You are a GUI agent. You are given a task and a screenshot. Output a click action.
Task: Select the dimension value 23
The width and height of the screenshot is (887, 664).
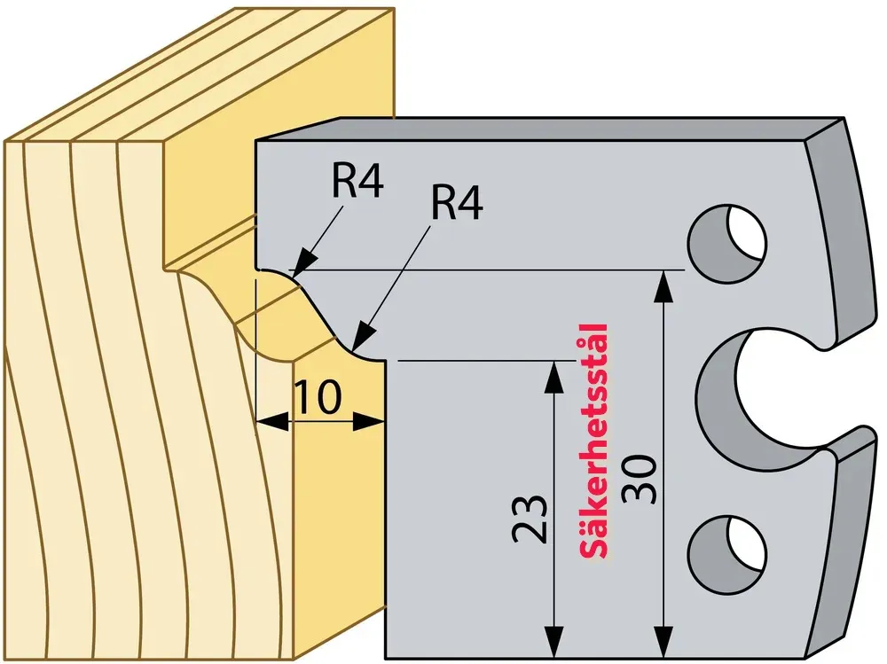(530, 519)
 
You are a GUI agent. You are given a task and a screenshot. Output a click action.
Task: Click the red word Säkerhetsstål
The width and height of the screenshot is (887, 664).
(593, 441)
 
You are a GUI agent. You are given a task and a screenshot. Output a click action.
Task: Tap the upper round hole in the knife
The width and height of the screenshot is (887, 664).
(727, 243)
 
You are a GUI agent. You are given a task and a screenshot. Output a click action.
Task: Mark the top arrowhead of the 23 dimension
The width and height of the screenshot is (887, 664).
(553, 374)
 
